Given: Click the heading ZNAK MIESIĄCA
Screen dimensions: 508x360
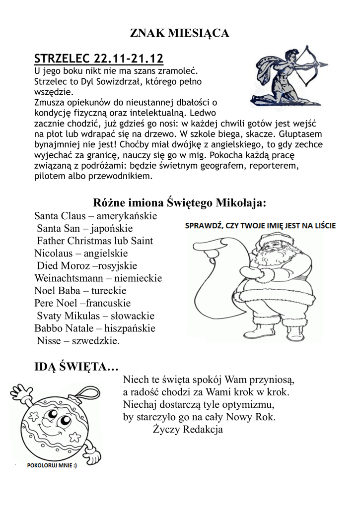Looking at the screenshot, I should (x=179, y=34).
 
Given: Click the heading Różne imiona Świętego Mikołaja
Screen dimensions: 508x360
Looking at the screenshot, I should (x=179, y=203).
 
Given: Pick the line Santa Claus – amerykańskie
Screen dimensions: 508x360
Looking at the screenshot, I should (x=95, y=216).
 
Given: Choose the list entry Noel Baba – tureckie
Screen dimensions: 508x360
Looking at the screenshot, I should (x=80, y=291).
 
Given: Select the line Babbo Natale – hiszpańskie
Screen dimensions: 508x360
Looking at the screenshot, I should (x=95, y=328).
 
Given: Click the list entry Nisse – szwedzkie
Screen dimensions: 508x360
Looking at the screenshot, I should (x=78, y=341).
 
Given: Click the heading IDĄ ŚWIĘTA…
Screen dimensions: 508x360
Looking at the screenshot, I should (x=76, y=368).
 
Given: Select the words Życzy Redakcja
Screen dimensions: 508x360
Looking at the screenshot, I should (x=188, y=430).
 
